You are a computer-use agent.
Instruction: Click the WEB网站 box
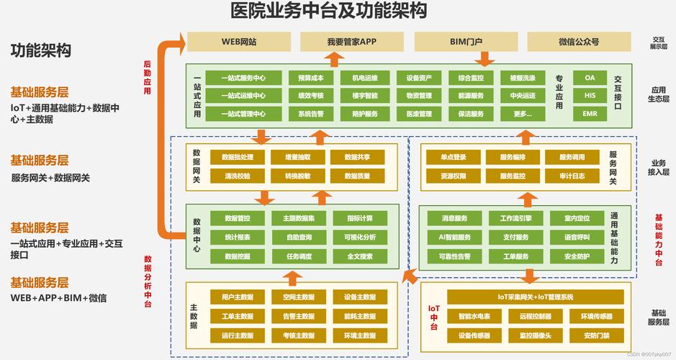coord(238,42)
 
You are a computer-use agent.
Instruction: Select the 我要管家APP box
coord(352,42)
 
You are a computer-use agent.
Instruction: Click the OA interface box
coord(590,78)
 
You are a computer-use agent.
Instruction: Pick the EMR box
coord(590,114)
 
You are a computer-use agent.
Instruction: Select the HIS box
coord(590,95)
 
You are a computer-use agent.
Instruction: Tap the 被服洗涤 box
coord(522,78)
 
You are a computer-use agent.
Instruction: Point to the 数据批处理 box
coord(238,158)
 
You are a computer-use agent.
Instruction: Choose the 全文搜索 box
coord(359,256)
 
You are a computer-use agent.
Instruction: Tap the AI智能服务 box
coord(454,238)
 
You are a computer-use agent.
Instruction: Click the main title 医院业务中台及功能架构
coord(328,12)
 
